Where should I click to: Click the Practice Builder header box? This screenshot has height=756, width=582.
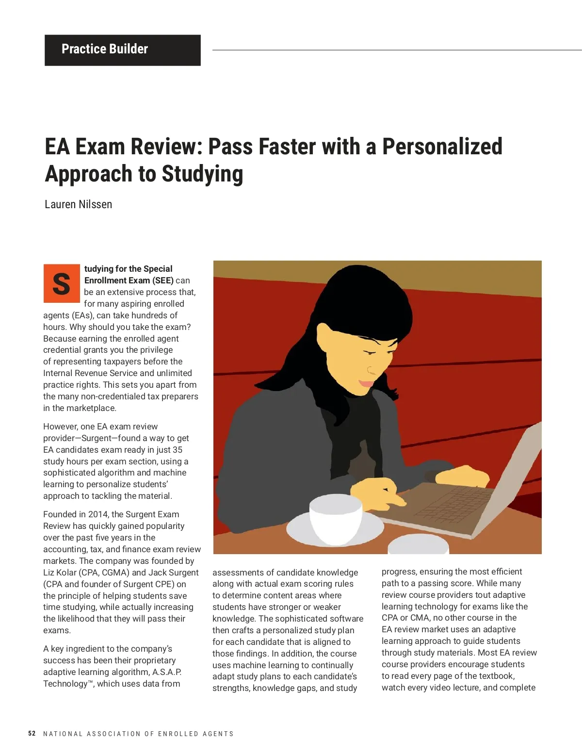tap(122, 50)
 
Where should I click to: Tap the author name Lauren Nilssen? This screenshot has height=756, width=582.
tap(78, 204)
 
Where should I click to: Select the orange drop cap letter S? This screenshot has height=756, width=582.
tap(62, 283)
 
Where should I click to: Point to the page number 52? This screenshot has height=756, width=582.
tap(32, 733)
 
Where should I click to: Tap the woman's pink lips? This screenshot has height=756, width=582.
tap(366, 384)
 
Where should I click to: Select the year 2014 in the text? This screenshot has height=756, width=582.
tap(98, 514)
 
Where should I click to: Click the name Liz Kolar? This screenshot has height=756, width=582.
tap(60, 573)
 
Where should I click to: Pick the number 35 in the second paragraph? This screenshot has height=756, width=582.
tap(178, 450)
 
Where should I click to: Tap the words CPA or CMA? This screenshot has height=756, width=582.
tap(406, 618)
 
